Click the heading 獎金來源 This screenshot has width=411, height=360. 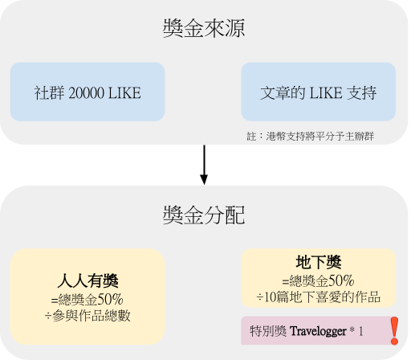[204, 28]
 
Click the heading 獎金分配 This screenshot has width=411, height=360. [204, 215]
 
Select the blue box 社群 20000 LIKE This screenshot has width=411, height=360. [87, 92]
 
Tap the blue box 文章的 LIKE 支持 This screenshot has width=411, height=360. [319, 92]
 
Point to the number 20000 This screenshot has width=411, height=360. [87, 93]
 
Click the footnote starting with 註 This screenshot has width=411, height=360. [311, 137]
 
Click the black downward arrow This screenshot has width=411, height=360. [204, 165]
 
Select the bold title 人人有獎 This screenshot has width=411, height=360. [87, 280]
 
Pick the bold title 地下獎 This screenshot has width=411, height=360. [319, 262]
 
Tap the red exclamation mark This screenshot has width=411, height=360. [394, 330]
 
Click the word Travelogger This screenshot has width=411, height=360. [318, 332]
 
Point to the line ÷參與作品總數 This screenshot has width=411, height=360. [87, 316]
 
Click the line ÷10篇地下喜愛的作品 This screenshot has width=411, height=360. [319, 297]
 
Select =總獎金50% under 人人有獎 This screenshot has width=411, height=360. [87, 300]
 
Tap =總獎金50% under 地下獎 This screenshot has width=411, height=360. [319, 280]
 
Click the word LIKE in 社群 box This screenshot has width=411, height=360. [124, 93]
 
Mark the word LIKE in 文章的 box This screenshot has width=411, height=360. [326, 93]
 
